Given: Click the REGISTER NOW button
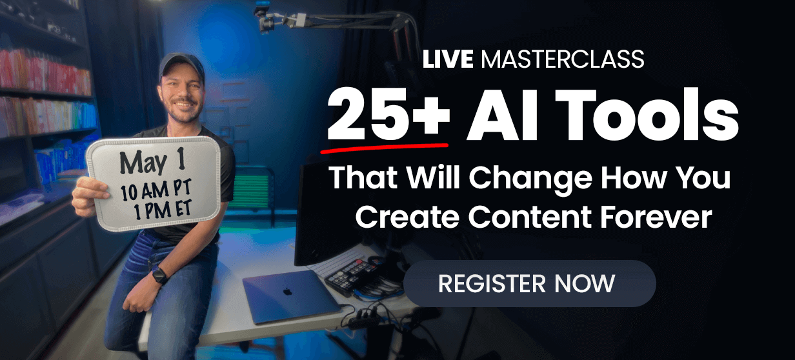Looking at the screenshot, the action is click(x=530, y=283).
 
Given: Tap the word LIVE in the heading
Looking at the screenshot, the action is click(x=448, y=59).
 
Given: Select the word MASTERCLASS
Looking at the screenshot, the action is click(x=563, y=59).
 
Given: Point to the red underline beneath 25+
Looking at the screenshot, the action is click(x=385, y=148).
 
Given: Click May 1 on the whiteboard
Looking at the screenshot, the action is click(x=152, y=161).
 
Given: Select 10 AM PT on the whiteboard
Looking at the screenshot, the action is click(x=156, y=190).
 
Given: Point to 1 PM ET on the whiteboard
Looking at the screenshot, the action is click(x=163, y=210).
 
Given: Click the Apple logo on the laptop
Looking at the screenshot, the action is click(x=288, y=292).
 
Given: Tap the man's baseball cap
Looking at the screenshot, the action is click(x=182, y=66).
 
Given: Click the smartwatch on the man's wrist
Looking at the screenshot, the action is click(x=160, y=275).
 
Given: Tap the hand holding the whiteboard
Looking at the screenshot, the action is click(x=89, y=197).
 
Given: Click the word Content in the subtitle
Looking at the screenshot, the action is click(x=530, y=216).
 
